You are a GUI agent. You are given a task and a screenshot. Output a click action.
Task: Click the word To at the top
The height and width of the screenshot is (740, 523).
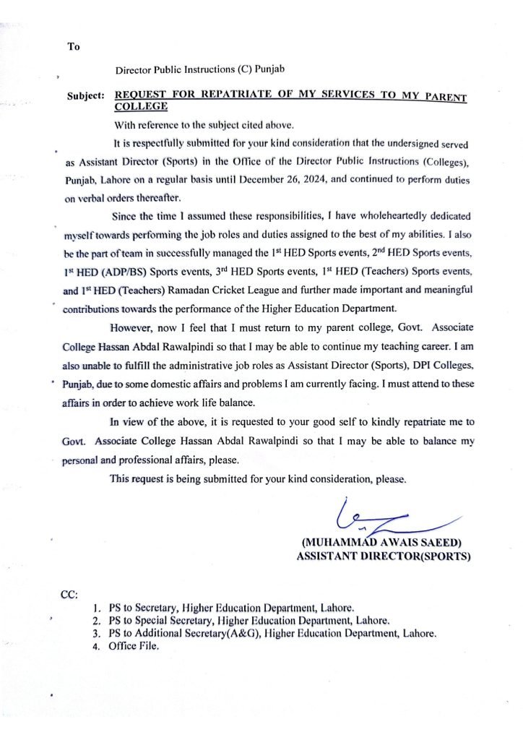pyautogui.click(x=74, y=47)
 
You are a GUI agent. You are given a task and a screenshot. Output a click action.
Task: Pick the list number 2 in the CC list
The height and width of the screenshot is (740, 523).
pyautogui.click(x=96, y=621)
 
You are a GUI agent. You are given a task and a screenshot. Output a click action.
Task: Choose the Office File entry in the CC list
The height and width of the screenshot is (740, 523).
pyautogui.click(x=134, y=646)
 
